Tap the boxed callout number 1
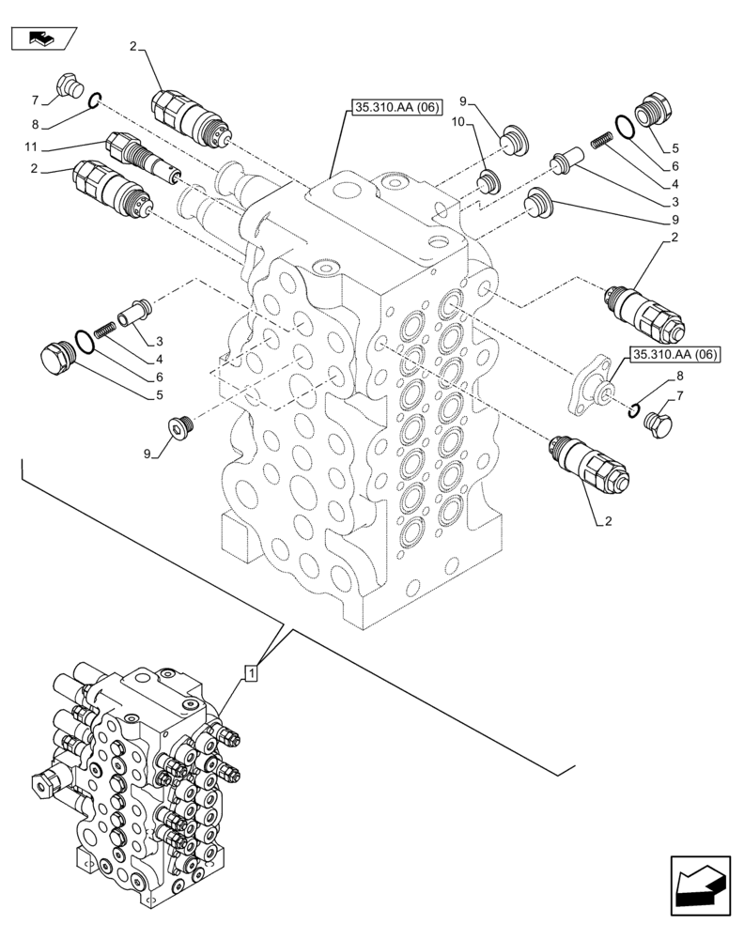[251, 672]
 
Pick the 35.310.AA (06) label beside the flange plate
[674, 354]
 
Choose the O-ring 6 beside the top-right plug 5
[624, 124]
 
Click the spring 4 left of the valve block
[104, 329]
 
